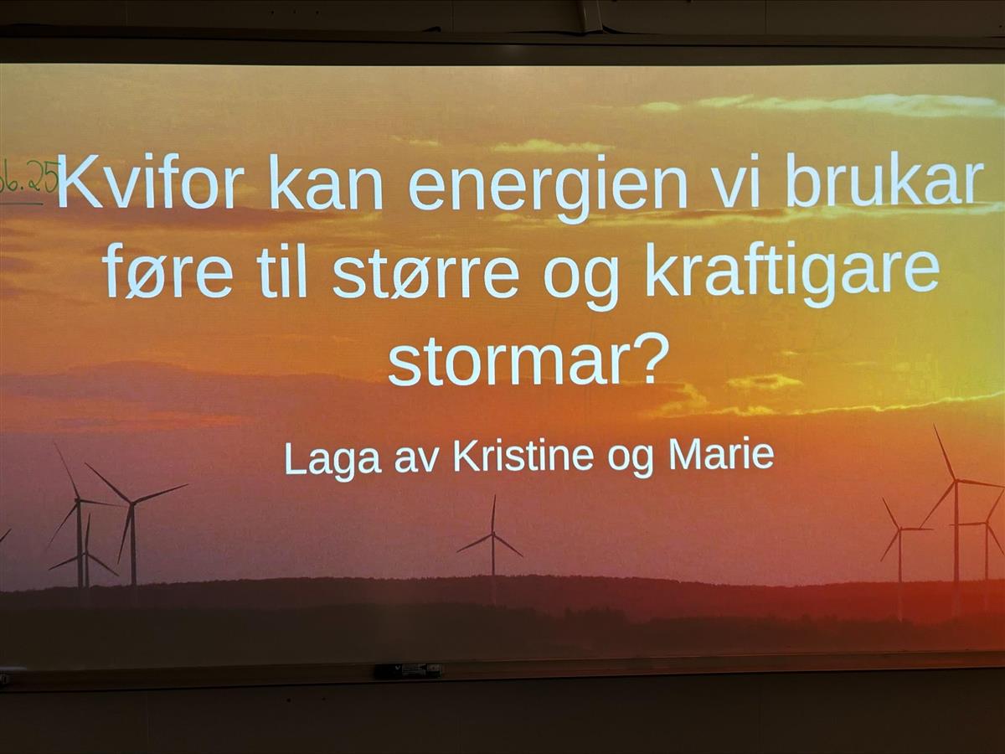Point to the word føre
tap(168, 270)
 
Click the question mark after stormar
tap(643, 358)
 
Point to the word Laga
tap(333, 459)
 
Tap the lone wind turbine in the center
tap(492, 537)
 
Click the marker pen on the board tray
tap(409, 672)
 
